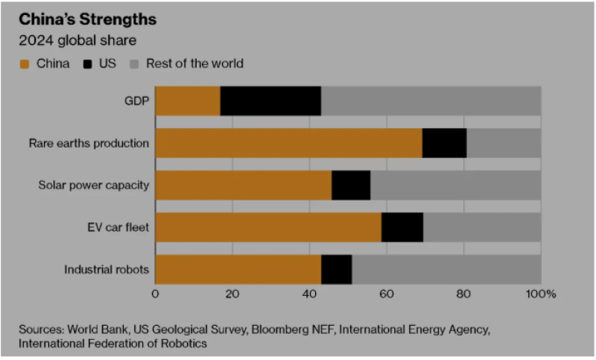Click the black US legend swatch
[x=87, y=64]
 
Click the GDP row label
[x=136, y=101]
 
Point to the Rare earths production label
[x=89, y=143]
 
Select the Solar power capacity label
[x=94, y=185]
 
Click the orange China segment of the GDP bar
[x=188, y=101]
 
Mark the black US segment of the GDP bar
[x=270, y=101]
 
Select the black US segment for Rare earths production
[x=444, y=143]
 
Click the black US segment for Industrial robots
[x=336, y=269]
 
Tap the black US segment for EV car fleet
[x=402, y=227]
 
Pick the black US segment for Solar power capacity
[x=351, y=185]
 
